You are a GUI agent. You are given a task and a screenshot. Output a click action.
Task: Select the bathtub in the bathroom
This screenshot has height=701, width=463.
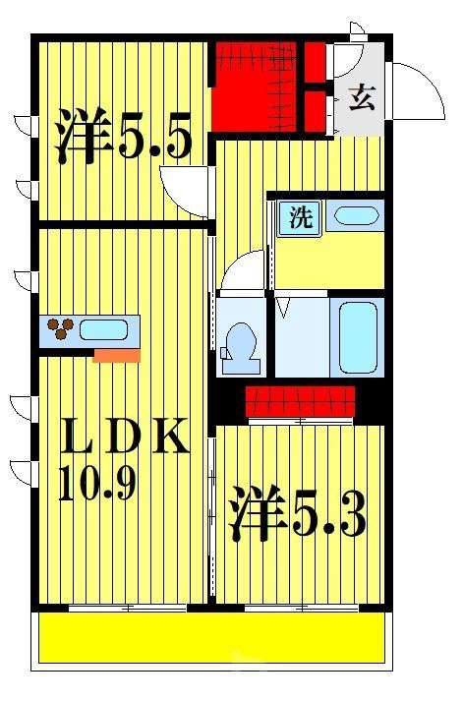pos(357,336)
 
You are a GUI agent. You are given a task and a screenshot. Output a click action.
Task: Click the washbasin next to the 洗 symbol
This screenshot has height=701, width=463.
pos(353,216)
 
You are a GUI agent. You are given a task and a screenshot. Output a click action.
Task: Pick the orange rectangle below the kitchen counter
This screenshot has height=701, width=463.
pos(116,354)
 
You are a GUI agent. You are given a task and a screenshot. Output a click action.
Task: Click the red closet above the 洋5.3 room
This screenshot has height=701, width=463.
pos(300,401)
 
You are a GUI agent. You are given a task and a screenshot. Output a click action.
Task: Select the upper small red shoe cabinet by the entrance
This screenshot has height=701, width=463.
pos(315,61)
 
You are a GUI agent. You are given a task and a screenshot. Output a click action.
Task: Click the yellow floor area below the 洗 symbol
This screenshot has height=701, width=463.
pos(329,262)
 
